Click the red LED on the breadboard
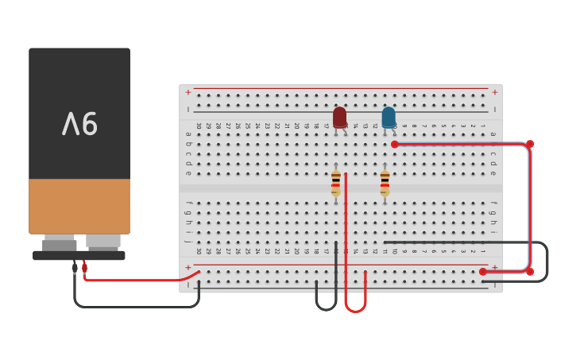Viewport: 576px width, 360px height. (x=339, y=117)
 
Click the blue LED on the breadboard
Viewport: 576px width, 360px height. (x=389, y=117)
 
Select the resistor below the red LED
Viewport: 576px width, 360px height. (x=336, y=183)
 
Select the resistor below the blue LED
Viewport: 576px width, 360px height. (x=385, y=183)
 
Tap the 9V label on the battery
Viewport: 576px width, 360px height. (x=79, y=124)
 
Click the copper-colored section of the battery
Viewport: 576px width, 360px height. (x=79, y=206)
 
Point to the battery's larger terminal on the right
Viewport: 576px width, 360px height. (x=103, y=241)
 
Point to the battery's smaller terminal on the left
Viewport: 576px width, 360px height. (x=60, y=243)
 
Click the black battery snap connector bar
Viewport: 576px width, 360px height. (x=79, y=256)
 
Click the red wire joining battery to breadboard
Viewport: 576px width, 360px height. (x=135, y=280)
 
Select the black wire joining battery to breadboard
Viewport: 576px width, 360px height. (x=135, y=307)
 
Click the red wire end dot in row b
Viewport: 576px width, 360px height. (x=395, y=144)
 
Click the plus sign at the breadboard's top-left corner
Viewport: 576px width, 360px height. (x=188, y=92)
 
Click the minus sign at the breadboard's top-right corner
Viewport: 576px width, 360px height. (x=494, y=109)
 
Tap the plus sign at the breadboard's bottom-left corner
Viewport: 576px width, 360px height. (x=188, y=268)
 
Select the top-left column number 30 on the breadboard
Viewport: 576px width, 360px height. (x=199, y=126)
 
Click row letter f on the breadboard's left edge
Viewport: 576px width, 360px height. (x=188, y=203)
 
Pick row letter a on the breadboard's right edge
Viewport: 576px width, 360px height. (x=493, y=134)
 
